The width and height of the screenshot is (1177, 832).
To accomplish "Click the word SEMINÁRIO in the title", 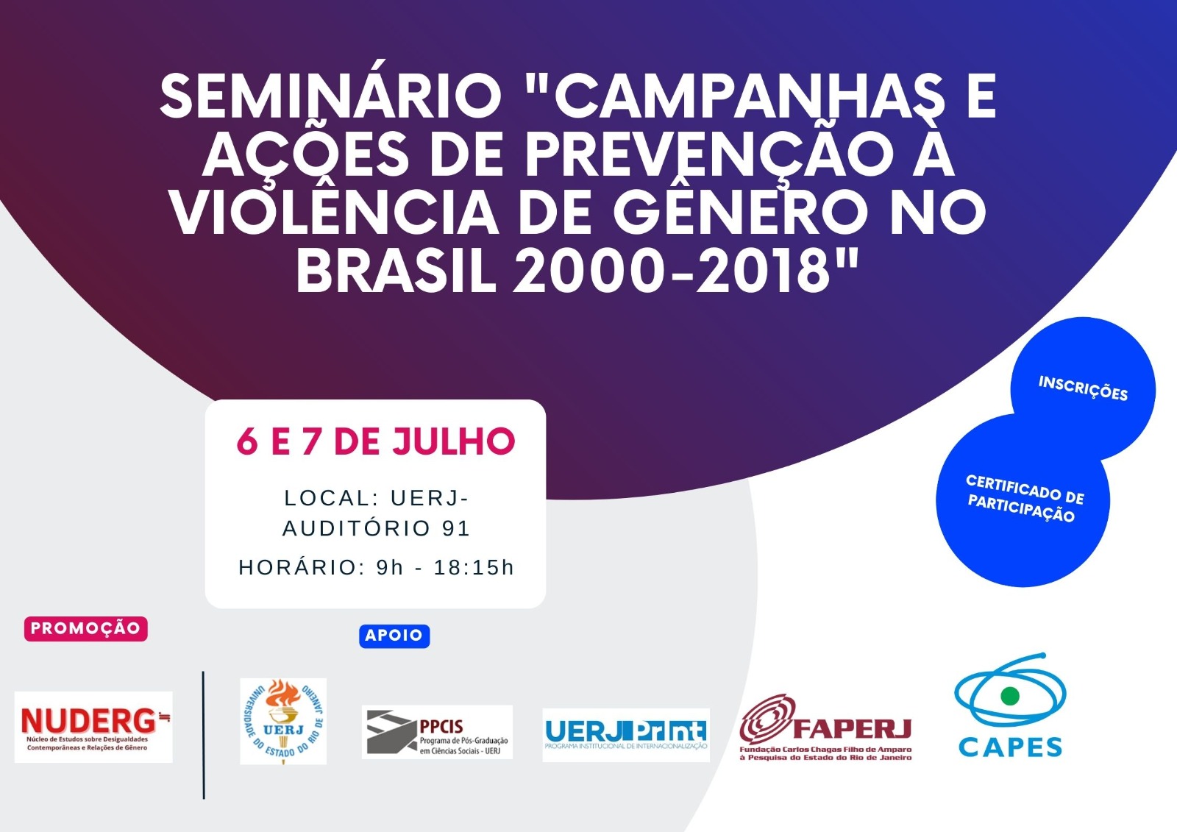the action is coord(331,96).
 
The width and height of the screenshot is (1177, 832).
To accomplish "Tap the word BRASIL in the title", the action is coord(397,271).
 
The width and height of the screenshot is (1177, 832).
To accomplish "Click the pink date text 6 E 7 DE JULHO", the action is coord(376,441).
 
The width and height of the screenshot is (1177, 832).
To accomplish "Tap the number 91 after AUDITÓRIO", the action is coord(455,528).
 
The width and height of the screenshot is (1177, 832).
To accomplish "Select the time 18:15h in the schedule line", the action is coord(474,568).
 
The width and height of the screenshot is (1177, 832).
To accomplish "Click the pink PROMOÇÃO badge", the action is coord(85,628).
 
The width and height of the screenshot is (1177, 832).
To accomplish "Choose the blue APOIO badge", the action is coord(394,636).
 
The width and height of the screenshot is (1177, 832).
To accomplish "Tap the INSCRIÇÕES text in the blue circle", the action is coord(1083,388).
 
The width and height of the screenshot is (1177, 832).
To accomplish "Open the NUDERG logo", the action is coord(93,727).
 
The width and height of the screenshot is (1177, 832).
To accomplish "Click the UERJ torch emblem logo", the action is coord(283,721).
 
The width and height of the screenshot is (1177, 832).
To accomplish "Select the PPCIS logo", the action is coord(437,732).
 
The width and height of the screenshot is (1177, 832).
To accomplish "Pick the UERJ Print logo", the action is coord(626,735).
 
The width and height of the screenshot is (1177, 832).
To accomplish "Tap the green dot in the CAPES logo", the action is coord(1009,696).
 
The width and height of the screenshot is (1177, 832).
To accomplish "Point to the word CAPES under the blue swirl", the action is coord(1010,747).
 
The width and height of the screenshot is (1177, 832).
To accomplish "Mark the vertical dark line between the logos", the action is coord(203,735).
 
